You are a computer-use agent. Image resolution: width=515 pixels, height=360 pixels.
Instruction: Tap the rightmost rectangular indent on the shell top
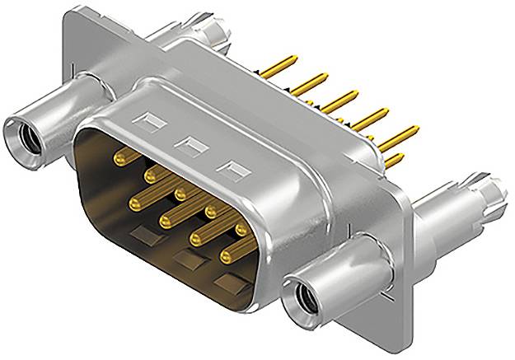point(232,171)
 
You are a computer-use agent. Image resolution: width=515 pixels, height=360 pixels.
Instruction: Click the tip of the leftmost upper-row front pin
point(119,154)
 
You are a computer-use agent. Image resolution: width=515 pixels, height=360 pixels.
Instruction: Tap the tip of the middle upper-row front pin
point(180,194)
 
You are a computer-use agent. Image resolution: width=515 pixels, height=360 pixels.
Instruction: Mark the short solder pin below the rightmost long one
point(398,157)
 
